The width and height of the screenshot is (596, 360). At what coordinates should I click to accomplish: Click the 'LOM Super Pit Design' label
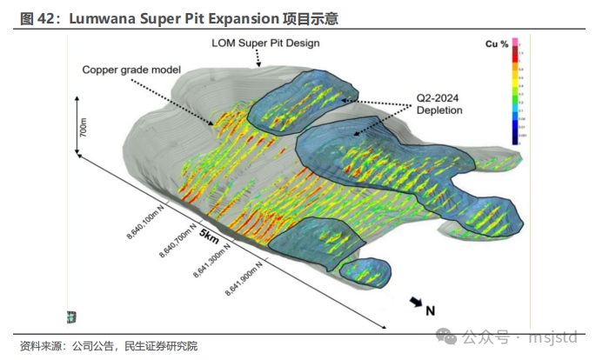pyautogui.click(x=266, y=42)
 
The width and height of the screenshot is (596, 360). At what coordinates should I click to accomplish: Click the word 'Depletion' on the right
pyautogui.click(x=439, y=110)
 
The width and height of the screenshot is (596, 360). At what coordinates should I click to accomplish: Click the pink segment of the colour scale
pyautogui.click(x=515, y=43)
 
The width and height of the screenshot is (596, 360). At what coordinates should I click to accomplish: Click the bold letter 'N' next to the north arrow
pyautogui.click(x=430, y=309)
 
